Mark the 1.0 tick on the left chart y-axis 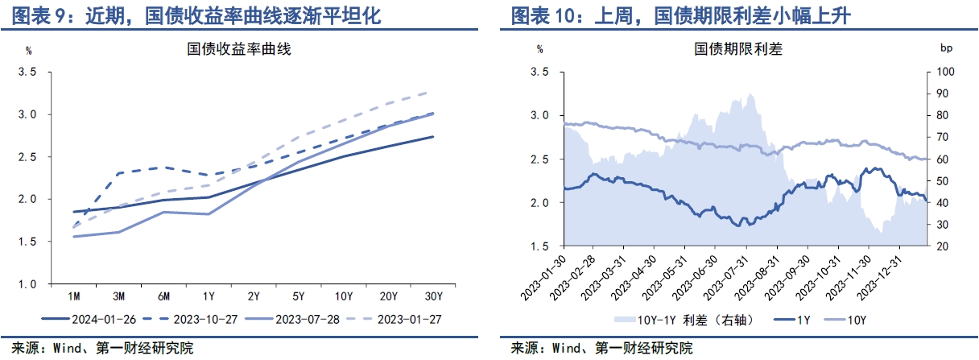tap(27, 283)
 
